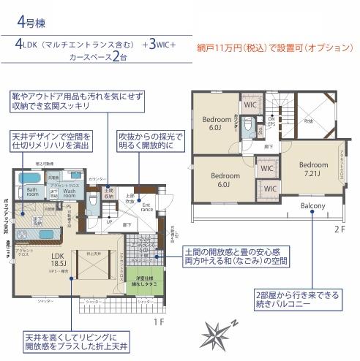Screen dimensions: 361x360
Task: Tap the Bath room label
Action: pyautogui.click(x=33, y=193)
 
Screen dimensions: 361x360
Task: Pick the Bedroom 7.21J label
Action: pyautogui.click(x=313, y=170)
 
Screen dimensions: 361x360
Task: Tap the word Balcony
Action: pyautogui.click(x=312, y=206)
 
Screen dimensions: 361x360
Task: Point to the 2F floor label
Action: pyautogui.click(x=340, y=228)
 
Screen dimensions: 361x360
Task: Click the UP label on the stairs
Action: pyautogui.click(x=110, y=221)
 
